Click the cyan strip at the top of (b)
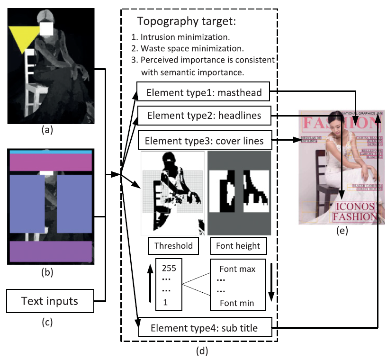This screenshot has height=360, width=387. [50, 152]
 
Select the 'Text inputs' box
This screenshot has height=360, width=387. [49, 300]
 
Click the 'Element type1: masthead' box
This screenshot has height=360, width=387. [204, 93]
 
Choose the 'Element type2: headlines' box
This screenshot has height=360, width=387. [204, 115]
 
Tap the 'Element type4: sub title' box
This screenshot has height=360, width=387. [205, 327]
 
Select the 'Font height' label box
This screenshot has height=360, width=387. [238, 246]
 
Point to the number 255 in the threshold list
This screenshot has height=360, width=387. [169, 268]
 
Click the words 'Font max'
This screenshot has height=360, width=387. [237, 270]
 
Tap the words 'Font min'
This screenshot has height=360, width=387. [237, 303]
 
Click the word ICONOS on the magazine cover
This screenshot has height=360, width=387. [355, 207]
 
